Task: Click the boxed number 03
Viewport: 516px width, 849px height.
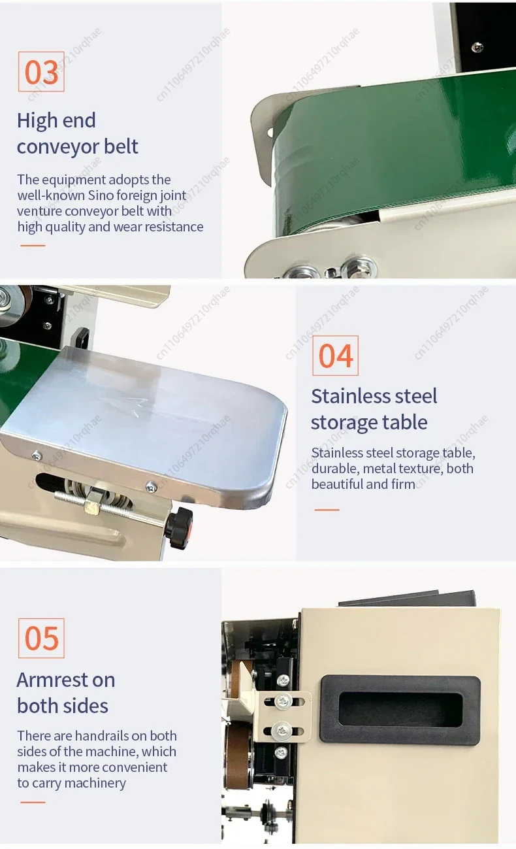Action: click(41, 72)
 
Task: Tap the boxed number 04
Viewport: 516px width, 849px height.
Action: click(335, 356)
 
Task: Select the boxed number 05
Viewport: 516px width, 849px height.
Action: click(41, 638)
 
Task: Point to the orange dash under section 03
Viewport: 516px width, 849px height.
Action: click(33, 246)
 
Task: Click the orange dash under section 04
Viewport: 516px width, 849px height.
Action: click(327, 509)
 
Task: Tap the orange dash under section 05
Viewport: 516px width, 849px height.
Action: click(33, 802)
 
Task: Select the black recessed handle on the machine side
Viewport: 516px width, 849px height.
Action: click(400, 709)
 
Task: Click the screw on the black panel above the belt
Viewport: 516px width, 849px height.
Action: click(477, 46)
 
